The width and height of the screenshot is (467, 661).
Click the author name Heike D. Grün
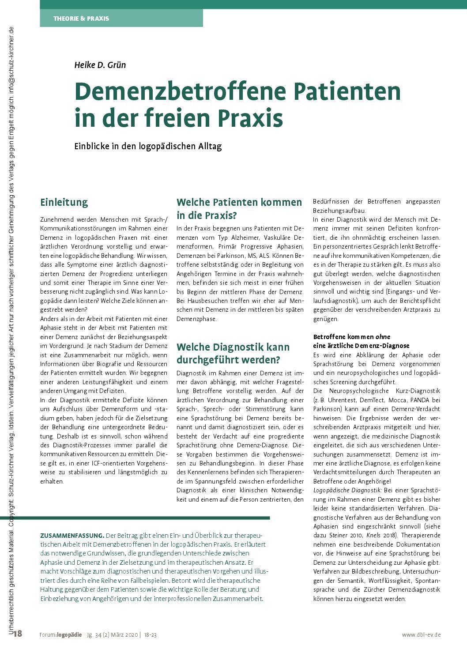pyautogui.click(x=100, y=65)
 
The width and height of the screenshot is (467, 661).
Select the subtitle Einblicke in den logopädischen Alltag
pyautogui.click(x=148, y=146)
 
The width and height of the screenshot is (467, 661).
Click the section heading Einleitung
pyautogui.click(x=64, y=202)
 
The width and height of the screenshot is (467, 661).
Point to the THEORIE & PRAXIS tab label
pyautogui.click(x=81, y=19)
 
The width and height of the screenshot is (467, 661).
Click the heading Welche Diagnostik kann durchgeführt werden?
pyautogui.click(x=233, y=353)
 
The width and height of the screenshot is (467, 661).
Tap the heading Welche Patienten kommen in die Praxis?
pyautogui.click(x=239, y=209)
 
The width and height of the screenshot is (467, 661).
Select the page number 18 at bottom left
pyautogui.click(x=18, y=635)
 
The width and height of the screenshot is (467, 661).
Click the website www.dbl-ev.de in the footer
pyautogui.click(x=421, y=635)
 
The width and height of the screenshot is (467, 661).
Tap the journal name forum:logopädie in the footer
pyautogui.click(x=60, y=635)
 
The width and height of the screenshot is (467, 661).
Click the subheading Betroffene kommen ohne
pyautogui.click(x=352, y=336)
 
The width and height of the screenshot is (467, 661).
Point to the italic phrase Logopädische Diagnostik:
pyautogui.click(x=347, y=490)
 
